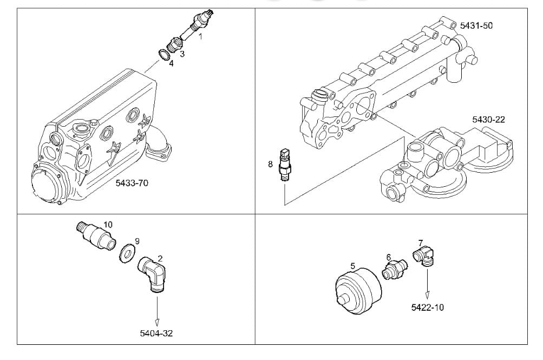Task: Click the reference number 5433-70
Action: [132, 183]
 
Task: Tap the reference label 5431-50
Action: [476, 25]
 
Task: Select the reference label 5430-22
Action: [489, 120]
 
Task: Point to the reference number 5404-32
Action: [156, 333]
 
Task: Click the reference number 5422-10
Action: [427, 307]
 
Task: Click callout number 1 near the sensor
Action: [200, 36]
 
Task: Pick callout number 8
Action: [270, 164]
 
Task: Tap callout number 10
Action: [108, 225]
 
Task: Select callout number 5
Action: [352, 266]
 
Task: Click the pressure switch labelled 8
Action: [284, 165]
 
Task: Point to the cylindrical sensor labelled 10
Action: [96, 235]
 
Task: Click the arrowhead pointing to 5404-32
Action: [157, 323]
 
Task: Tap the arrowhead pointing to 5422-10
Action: [427, 295]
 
